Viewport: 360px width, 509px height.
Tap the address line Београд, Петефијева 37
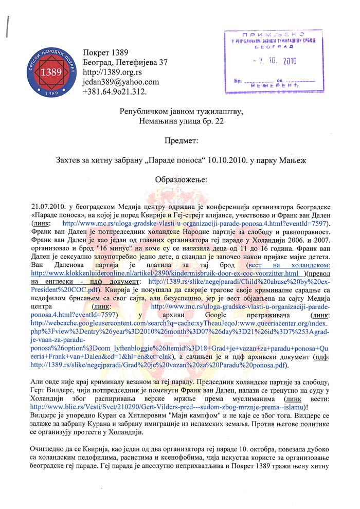coord(125,62)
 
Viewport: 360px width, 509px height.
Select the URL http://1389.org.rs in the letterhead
coord(112,72)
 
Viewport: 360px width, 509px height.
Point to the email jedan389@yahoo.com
coord(120,82)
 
